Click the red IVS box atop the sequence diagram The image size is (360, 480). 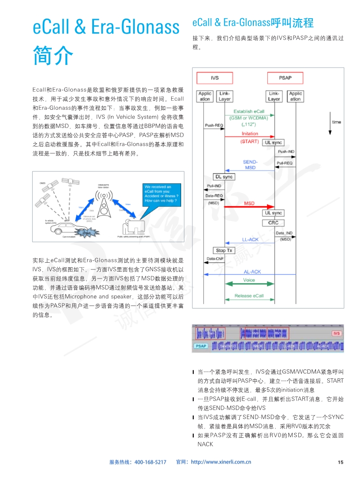point(215,78)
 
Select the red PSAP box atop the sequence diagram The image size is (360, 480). point(285,78)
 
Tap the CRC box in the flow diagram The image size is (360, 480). point(274,223)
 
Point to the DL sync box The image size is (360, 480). point(224,177)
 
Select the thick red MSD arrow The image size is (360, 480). point(250,206)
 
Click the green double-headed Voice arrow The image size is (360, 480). point(249,284)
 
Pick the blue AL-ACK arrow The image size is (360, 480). point(249,274)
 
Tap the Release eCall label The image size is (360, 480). point(249,296)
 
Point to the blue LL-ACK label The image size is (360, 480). point(250,240)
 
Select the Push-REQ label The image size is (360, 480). point(213,125)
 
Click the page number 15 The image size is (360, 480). point(340,462)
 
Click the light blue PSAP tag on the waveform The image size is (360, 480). point(201,346)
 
